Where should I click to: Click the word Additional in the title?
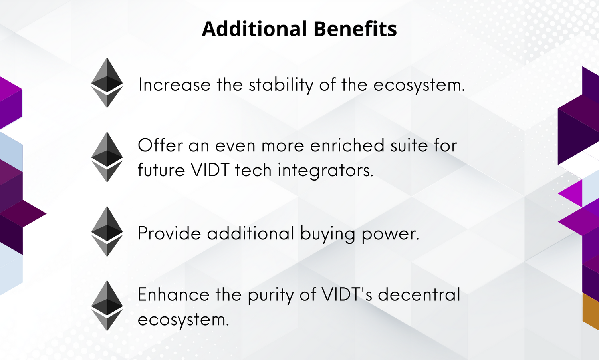tap(254, 29)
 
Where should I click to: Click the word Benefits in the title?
tap(355, 29)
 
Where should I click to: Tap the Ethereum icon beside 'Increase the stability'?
tap(107, 83)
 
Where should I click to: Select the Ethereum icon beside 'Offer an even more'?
tap(107, 157)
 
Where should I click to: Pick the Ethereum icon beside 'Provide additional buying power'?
tap(107, 231)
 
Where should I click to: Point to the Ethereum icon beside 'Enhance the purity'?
tap(107, 306)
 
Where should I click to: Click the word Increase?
tap(175, 85)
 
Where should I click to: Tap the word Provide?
tap(169, 233)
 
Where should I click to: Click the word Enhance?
tap(174, 294)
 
